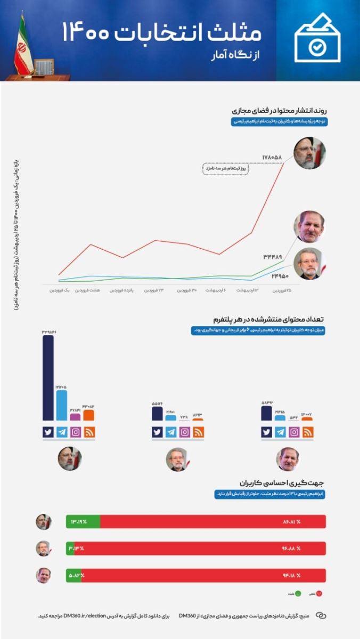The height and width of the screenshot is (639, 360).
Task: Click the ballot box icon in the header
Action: [x=318, y=41]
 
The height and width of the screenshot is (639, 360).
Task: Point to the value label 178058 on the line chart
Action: [x=272, y=157]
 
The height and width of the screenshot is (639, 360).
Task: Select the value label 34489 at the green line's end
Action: [x=272, y=257]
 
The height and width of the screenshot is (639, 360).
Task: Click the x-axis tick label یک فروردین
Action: [x=60, y=290]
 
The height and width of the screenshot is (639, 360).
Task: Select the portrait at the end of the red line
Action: [x=309, y=153]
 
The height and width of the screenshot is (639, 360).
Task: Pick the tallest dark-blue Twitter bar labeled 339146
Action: [x=48, y=378]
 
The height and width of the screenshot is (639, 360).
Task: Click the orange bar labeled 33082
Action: [x=88, y=415]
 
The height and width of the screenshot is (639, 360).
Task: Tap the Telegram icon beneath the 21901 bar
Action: [x=171, y=432]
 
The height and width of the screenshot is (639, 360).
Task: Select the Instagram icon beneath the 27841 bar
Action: [x=76, y=432]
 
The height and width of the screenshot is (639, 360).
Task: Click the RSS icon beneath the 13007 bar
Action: [x=308, y=432]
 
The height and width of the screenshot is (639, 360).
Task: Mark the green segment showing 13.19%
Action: [x=83, y=522]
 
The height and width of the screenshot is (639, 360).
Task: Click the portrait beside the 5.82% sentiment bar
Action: [x=43, y=575]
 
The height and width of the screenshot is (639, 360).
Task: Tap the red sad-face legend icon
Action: [x=320, y=593]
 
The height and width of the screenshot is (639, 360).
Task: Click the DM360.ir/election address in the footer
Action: [x=84, y=616]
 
